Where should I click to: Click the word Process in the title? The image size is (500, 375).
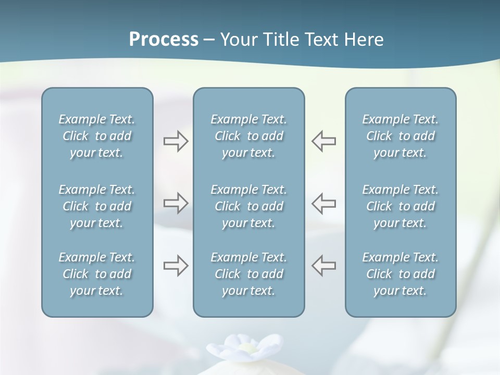164,40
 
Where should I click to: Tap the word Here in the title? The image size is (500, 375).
364,40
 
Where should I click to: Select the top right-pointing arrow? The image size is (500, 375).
176,141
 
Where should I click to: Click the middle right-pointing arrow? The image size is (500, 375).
176,203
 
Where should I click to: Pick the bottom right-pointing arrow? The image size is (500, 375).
176,266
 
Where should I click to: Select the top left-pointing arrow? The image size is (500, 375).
324,141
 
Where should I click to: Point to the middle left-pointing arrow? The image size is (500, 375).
324,203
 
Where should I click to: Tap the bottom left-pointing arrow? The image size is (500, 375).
324,266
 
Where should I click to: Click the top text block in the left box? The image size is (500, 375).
97,136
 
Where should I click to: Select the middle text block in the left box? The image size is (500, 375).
97,206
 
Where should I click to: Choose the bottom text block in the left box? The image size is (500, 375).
97,274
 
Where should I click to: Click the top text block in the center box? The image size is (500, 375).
248,136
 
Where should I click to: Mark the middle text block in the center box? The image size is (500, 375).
248,206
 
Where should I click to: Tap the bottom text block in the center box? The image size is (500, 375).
248,274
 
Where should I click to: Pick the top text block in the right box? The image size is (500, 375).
400,136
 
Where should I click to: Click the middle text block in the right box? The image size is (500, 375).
400,206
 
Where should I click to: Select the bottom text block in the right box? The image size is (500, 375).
400,274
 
